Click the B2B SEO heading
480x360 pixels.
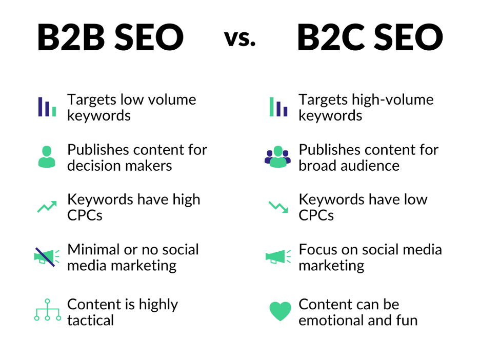[x=110, y=37]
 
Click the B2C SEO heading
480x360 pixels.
[x=370, y=37]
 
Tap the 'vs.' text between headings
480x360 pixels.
[x=240, y=38]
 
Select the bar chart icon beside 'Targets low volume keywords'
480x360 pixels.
[x=47, y=107]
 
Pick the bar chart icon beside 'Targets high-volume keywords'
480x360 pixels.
[x=278, y=107]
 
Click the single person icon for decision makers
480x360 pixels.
[x=47, y=157]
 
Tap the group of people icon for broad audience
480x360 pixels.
[x=277, y=157]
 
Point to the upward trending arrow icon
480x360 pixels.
[x=47, y=207]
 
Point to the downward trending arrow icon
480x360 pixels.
[x=278, y=207]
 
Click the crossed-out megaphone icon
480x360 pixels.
[x=47, y=257]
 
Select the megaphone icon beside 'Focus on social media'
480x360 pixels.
[x=278, y=256]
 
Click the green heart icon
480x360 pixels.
[x=280, y=311]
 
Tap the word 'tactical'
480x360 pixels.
[x=91, y=321]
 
